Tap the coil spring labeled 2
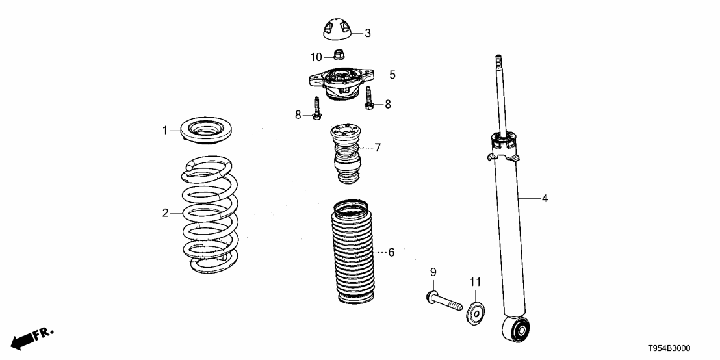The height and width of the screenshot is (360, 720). click(x=209, y=214)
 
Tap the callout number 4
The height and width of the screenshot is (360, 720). click(x=545, y=198)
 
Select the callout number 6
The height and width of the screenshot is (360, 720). click(x=391, y=252)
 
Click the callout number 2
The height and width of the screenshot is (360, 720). click(x=166, y=212)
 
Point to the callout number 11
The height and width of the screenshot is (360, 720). click(x=474, y=281)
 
